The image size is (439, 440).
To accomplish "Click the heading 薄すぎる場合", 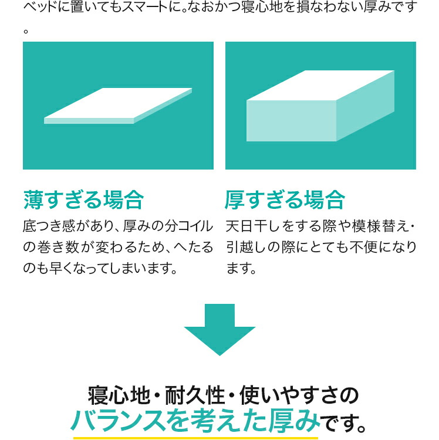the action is (x=83, y=199).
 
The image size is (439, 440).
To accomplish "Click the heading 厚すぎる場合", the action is (x=285, y=199).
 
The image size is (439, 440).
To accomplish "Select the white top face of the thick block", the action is (x=320, y=85).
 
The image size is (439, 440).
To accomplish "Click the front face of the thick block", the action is (x=291, y=121).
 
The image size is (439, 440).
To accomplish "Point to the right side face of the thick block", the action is (x=365, y=106).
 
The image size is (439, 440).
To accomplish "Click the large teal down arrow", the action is (x=219, y=330).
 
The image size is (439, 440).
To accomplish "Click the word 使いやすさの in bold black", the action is (x=299, y=395).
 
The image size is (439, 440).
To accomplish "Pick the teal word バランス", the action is (x=117, y=421).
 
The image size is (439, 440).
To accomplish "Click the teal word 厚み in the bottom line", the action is (x=294, y=421).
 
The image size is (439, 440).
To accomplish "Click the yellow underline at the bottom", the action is (x=195, y=438).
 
